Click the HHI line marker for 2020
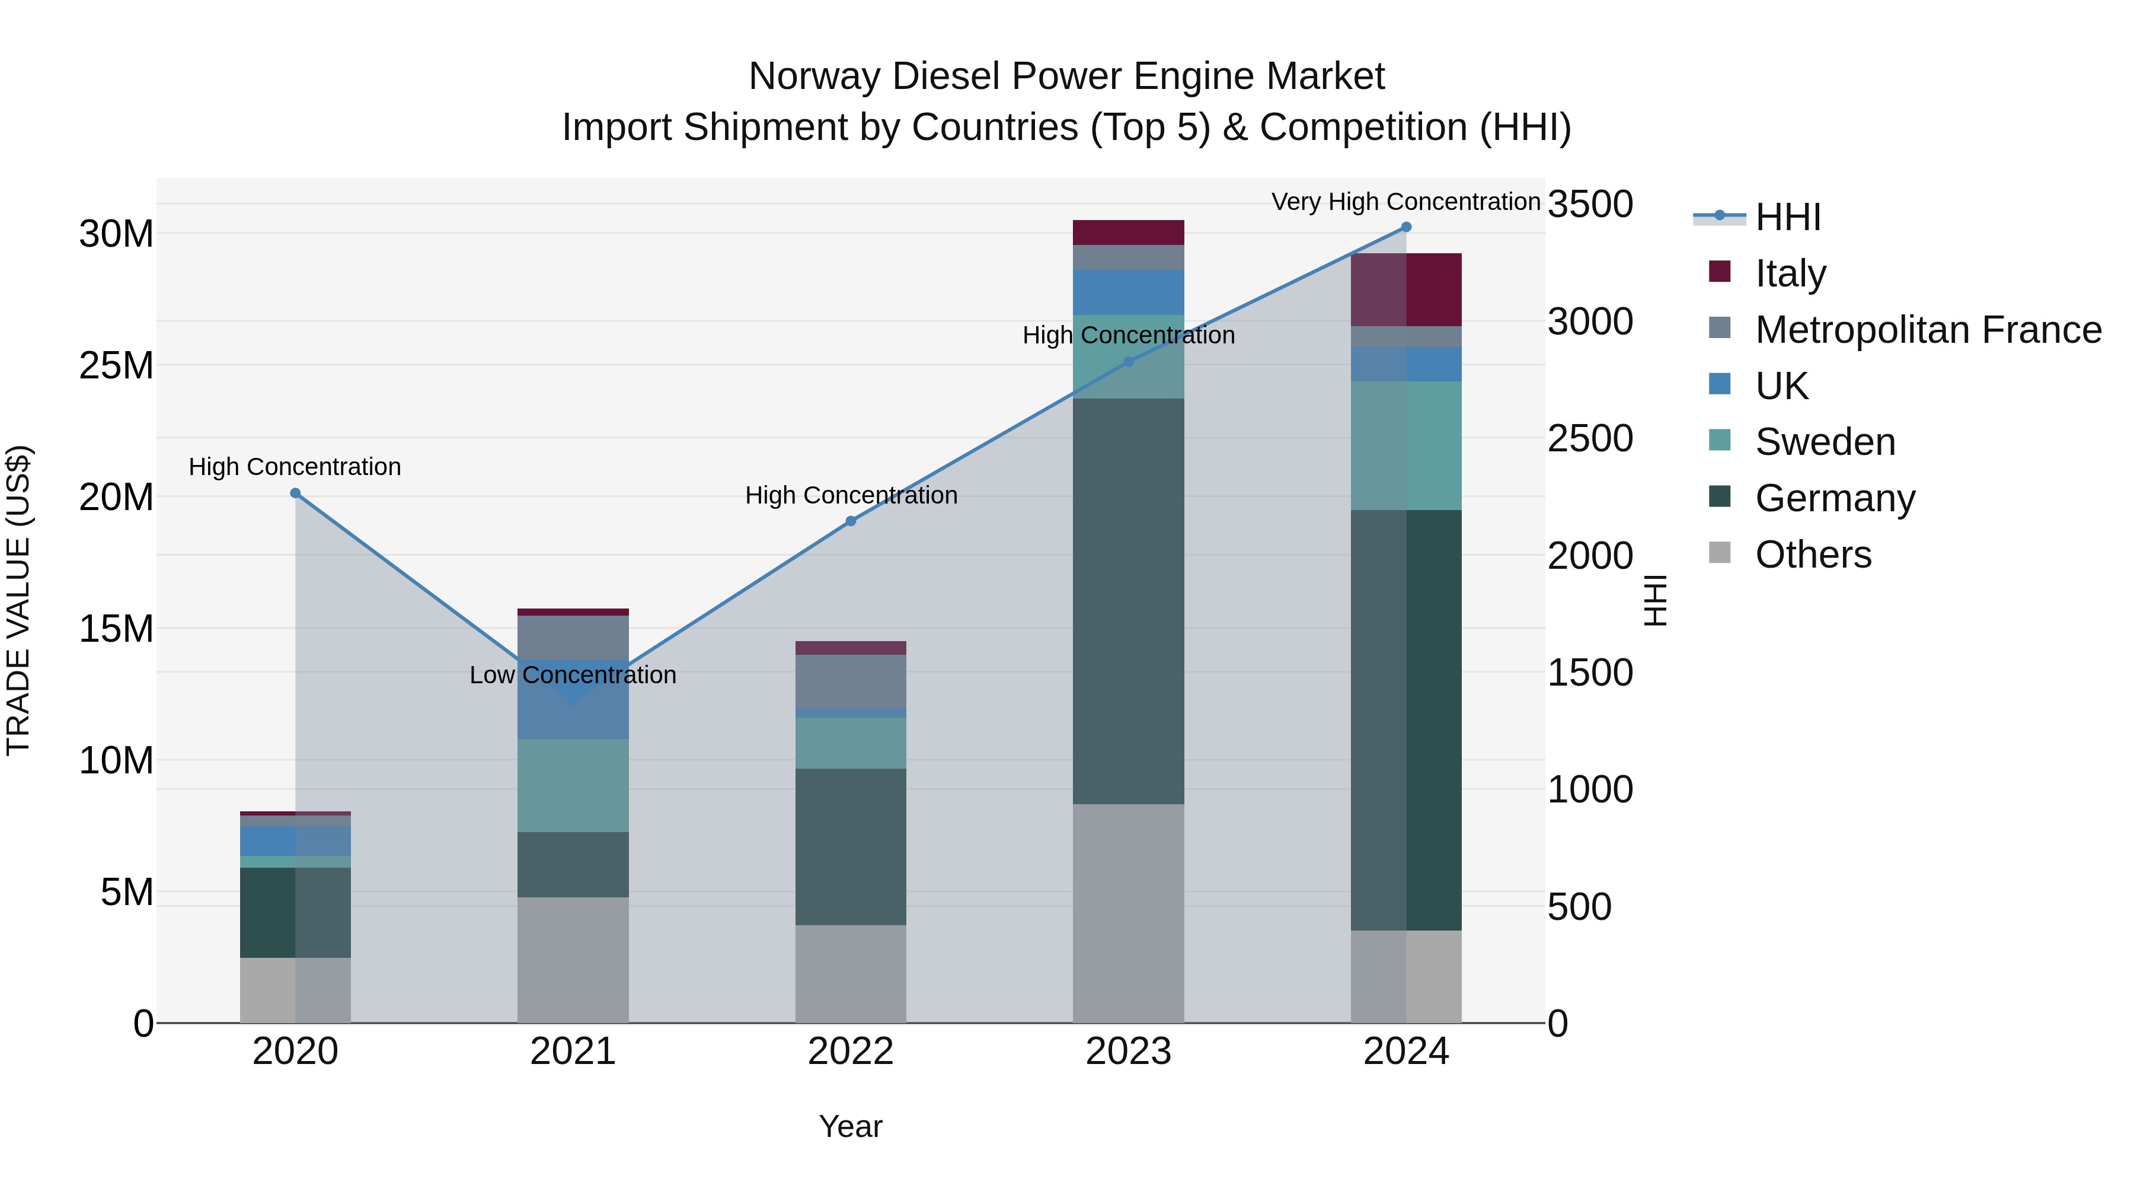coord(295,493)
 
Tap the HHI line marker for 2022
coord(851,521)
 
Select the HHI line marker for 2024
coord(1406,227)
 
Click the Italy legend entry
coord(1790,273)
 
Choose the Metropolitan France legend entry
coord(1928,330)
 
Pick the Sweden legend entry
coord(1824,442)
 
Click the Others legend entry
coord(1813,555)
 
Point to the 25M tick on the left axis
coord(116,365)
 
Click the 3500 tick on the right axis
coord(1590,204)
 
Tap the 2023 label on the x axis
coord(1128,1052)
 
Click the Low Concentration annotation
coord(573,675)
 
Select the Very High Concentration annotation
coord(1406,202)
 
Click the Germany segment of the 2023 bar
coord(1128,601)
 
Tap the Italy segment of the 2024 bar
coord(1406,289)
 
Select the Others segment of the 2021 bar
coord(573,960)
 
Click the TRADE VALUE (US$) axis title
coord(18,600)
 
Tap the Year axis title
coord(851,1126)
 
